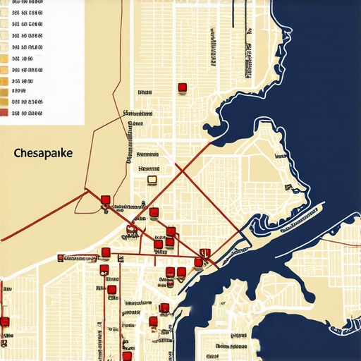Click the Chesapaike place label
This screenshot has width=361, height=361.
pos(47,152)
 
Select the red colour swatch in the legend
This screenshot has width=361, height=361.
pos(5,111)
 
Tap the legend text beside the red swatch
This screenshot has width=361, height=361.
pos(26,111)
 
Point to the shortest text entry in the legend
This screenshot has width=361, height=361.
pos(19,90)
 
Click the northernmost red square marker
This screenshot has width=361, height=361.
pos(182,87)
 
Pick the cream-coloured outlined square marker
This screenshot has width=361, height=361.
pos(152,180)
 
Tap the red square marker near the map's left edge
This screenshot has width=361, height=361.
pos(5,322)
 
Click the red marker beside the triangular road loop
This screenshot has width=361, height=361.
pos(105,200)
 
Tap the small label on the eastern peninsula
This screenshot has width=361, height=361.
pos(290,187)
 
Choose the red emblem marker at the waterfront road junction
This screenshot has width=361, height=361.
pos(204,252)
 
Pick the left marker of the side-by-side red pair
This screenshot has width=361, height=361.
pos(170,271)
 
